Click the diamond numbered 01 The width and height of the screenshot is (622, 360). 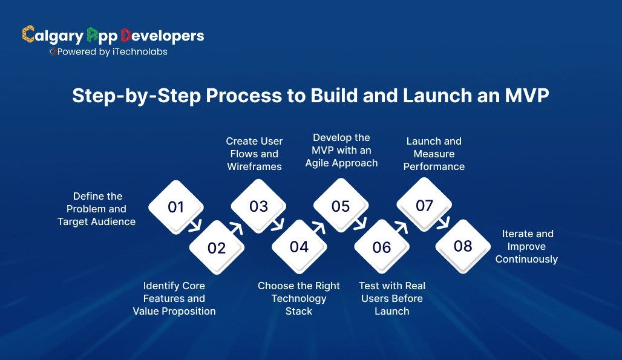pos(175,207)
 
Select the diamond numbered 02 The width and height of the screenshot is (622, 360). pos(217,247)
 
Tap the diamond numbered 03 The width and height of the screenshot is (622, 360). pos(258,206)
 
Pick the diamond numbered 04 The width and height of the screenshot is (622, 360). pos(299,246)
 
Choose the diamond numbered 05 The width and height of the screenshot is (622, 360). pos(341,206)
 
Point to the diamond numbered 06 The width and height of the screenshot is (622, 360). pos(382,247)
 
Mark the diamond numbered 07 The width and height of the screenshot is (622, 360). pos(424,205)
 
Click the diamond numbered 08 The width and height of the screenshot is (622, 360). pos(463,246)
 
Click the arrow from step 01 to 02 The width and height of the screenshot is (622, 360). pos(195,227)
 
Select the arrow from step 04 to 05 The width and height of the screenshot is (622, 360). pos(319,227)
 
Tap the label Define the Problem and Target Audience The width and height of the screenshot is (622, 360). pos(97,209)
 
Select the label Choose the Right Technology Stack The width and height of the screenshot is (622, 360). pos(299,298)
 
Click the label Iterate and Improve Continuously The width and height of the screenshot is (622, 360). pos(526,246)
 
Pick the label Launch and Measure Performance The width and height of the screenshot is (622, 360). pos(434,154)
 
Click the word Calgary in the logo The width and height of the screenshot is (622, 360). pos(53,36)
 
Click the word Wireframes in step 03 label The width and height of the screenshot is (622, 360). pos(254,166)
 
